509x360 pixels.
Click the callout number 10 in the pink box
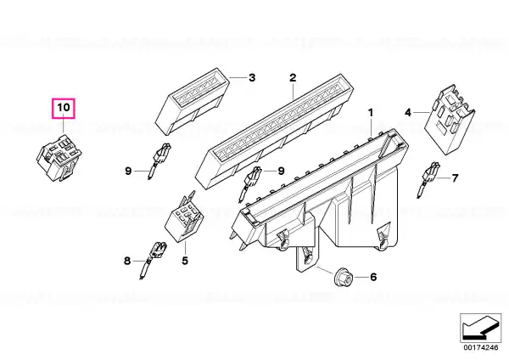pos(64,107)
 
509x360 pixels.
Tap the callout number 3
pos(252,77)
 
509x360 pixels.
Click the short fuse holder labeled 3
pos(193,101)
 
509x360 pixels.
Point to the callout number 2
pos(293,77)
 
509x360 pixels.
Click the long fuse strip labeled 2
pos(274,132)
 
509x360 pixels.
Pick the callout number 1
pos(371,113)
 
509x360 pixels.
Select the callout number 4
pos(408,113)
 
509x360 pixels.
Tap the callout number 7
pos(455,178)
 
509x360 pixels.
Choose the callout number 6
pos(373,277)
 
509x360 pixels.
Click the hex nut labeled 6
pos(343,278)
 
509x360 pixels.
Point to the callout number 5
pos(185,261)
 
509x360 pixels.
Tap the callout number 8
pos(127,261)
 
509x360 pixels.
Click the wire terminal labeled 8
pos(154,260)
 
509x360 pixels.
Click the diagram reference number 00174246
pos(481,347)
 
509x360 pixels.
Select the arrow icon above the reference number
pos(481,328)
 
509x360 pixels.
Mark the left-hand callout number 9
pos(128,171)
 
